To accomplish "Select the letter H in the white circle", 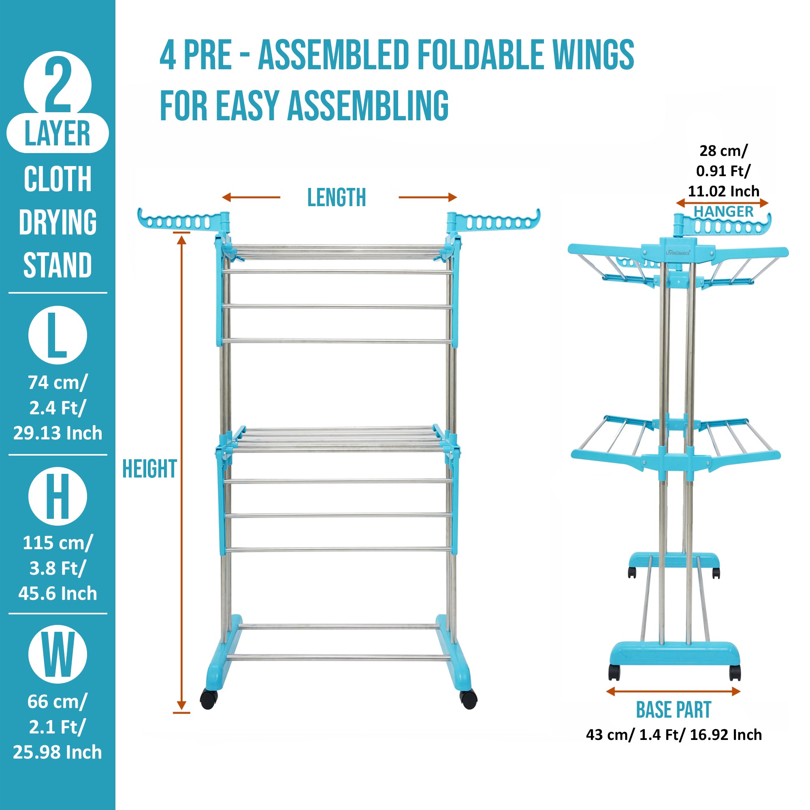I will [58, 497].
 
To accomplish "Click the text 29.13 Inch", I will [58, 433].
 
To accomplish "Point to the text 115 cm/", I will [58, 543].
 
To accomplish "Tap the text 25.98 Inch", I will [58, 752].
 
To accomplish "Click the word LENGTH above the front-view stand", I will [336, 198].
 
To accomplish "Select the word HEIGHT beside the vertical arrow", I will [149, 469].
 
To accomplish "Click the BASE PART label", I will [674, 710].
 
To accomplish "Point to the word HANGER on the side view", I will [723, 212].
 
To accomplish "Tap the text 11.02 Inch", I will [723, 191].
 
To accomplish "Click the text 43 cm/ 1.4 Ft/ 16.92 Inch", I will [674, 735].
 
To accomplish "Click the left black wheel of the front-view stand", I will [208, 699].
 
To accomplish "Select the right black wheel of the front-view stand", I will [468, 699].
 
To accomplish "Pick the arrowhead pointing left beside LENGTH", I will [227, 197].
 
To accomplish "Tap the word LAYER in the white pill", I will [58, 133].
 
